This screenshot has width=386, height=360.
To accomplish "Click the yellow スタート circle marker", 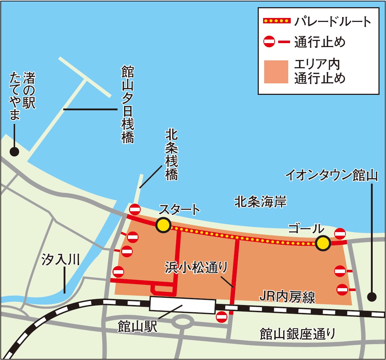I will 164,225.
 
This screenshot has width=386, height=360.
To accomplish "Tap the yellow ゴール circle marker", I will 323,243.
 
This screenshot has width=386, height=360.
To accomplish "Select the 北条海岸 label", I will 260,202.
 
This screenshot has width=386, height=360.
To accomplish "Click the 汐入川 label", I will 60,259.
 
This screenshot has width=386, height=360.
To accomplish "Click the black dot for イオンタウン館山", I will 372,297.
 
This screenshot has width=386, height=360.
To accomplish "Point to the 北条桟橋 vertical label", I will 171,154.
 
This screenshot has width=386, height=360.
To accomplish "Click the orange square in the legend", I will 276,71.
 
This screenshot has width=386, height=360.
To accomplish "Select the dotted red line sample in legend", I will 276,21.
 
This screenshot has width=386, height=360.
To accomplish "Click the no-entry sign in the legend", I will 269,42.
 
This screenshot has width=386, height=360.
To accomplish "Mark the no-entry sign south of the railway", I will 221,317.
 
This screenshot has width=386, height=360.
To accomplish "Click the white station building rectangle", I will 183,305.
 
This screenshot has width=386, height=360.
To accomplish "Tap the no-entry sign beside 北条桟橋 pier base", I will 135,208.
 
